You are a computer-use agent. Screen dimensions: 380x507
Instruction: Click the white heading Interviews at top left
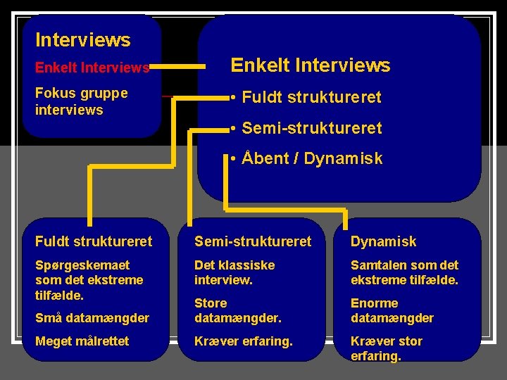coord(82,39)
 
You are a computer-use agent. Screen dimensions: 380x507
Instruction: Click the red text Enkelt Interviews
coord(92,68)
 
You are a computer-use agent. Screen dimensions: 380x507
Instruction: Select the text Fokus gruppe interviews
coord(81,101)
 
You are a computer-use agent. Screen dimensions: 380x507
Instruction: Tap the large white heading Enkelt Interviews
coord(310,65)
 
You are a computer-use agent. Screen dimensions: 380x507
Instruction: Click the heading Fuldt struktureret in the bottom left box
coord(93,241)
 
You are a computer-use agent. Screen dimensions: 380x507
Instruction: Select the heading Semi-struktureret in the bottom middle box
coord(252,241)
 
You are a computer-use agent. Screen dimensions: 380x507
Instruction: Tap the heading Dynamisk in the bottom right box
coord(383,241)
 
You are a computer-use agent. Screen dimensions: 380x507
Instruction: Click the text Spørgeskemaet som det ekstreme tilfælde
coord(89,280)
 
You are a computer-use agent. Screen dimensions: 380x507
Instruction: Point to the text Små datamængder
coord(92,318)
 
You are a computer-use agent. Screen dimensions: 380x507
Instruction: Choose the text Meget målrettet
coord(82,341)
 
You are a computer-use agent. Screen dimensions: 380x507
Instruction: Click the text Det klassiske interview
coord(234,272)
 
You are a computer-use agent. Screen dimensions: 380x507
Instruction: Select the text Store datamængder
coord(237,310)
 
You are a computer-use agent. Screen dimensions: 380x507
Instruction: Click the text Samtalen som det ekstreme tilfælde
coord(404,272)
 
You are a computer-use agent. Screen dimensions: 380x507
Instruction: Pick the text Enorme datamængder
coord(392,310)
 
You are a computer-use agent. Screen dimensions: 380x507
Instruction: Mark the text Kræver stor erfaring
coord(386,348)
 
